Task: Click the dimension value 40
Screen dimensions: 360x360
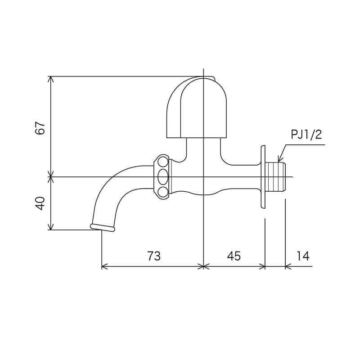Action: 41,203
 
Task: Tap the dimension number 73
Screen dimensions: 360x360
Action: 154,256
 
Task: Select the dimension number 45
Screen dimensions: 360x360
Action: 234,256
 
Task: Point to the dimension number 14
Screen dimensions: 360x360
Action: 303,256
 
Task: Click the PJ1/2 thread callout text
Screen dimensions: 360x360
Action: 306,135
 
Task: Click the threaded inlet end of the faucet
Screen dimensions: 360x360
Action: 276,177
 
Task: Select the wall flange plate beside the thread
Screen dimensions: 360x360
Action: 262,177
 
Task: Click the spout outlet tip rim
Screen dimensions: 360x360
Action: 102,228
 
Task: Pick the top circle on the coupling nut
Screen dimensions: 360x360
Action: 163,161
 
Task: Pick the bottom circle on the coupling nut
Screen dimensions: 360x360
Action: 163,193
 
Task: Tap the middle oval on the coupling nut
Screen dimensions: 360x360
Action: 163,176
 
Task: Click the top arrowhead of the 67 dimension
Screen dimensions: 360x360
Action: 51,79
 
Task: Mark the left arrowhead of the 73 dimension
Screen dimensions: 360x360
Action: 105,267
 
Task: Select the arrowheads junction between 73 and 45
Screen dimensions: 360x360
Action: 204,267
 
